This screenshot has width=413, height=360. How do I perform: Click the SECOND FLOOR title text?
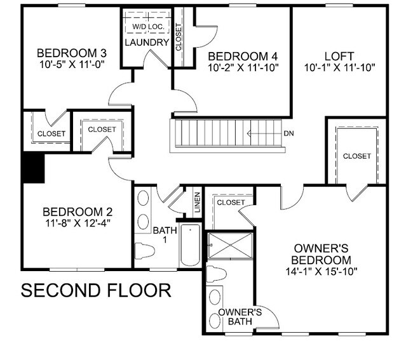pos(96,291)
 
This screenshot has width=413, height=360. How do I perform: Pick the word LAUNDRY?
pos(147,43)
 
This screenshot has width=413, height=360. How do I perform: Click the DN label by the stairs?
pos(288,134)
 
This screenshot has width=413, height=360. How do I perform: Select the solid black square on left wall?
pos(33,168)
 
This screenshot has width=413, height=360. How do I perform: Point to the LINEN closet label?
pos(197,202)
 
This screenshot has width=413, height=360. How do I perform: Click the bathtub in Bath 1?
pos(189,245)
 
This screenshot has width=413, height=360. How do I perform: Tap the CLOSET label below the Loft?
pos(356,156)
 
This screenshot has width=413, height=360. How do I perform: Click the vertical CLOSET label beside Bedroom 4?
pos(179,37)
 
